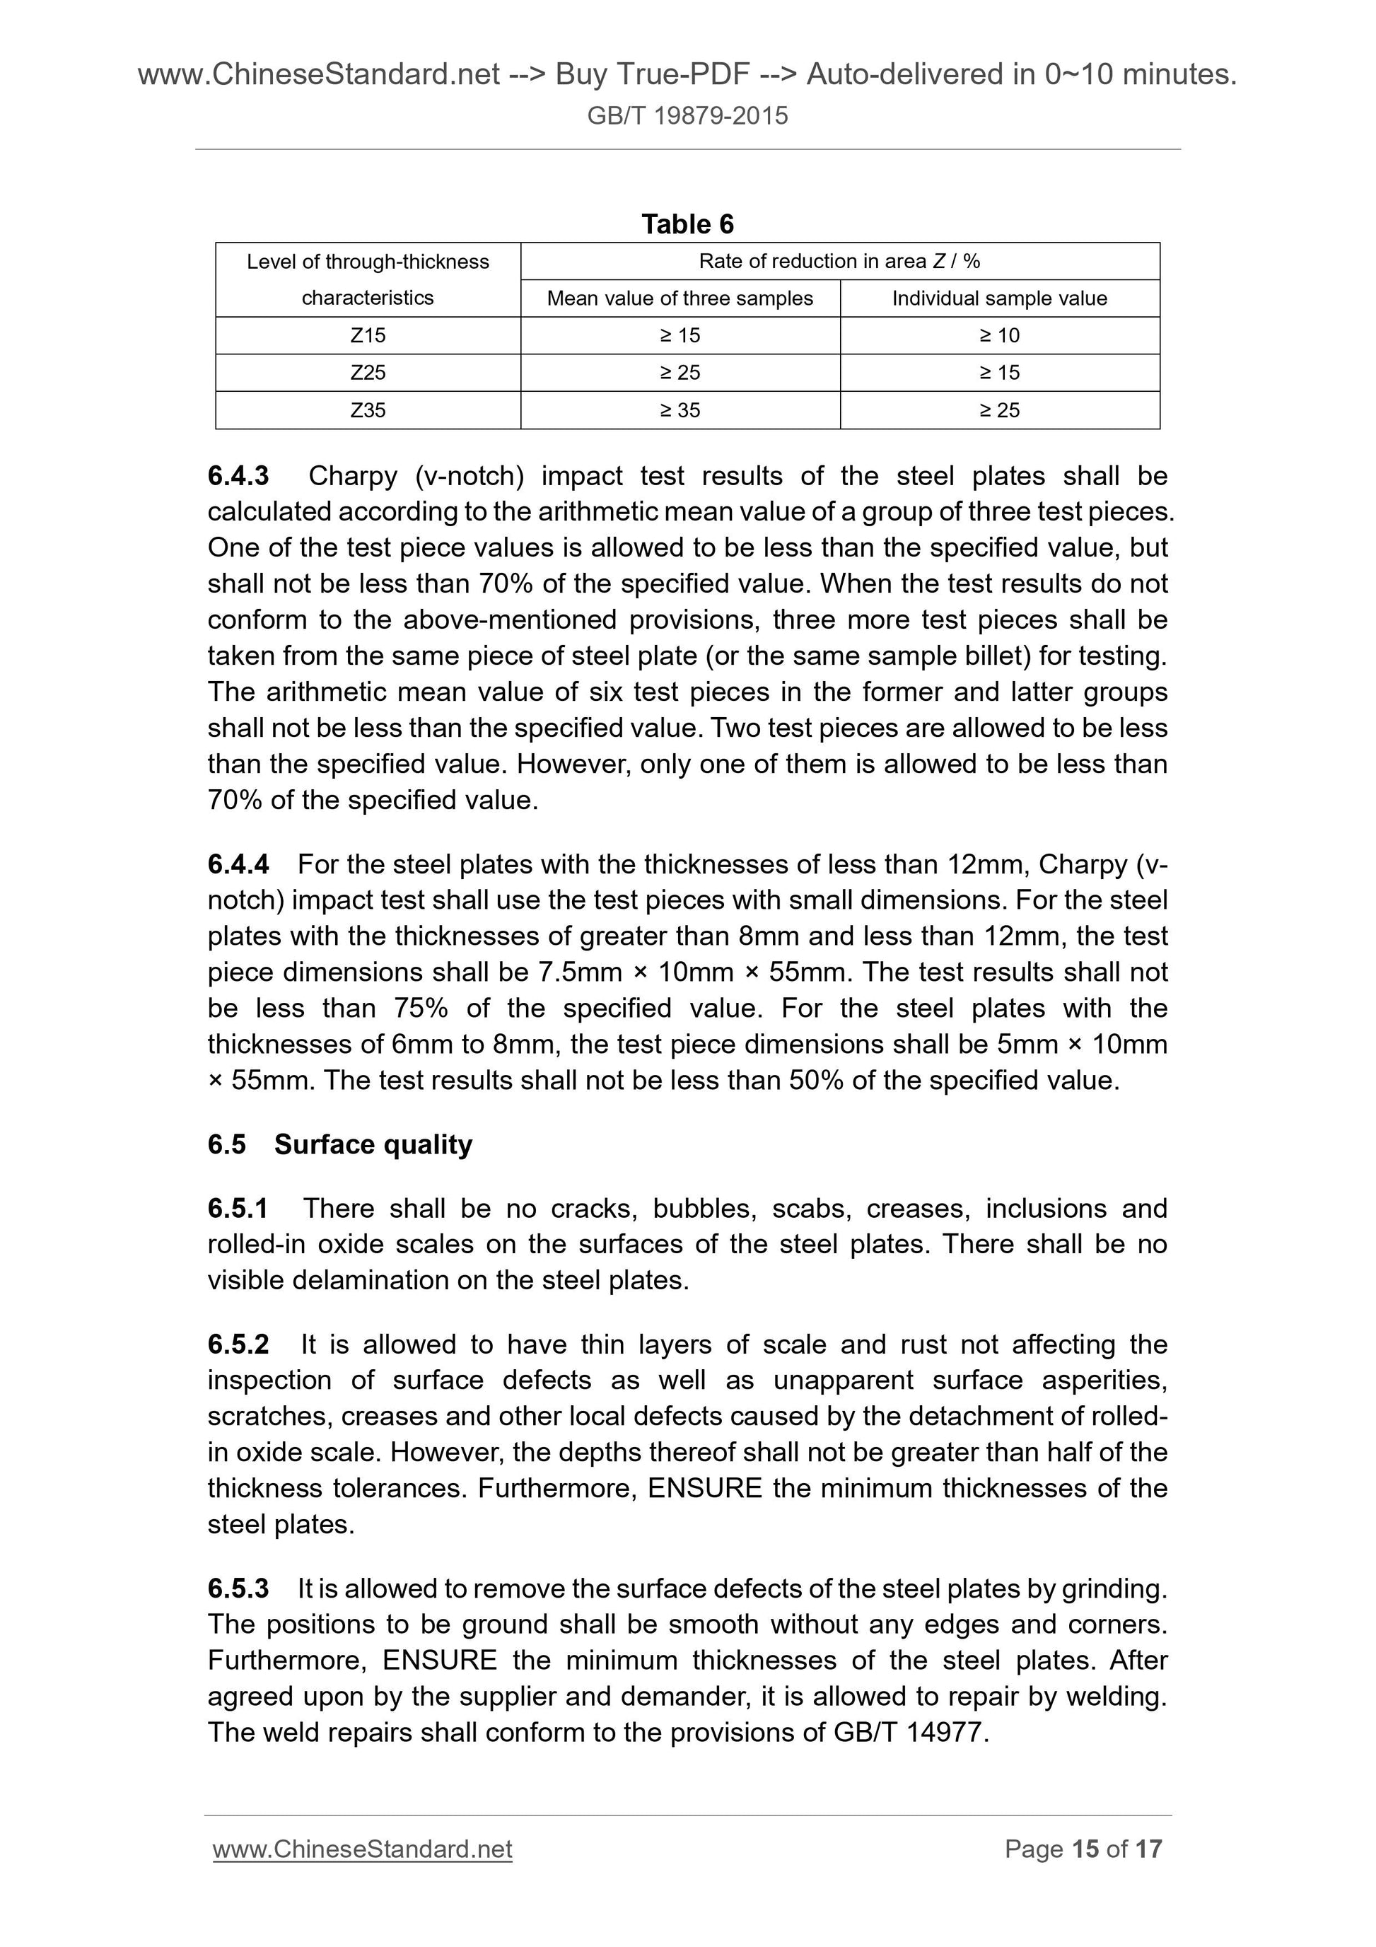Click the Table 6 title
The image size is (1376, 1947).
[687, 224]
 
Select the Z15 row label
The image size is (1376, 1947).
[367, 336]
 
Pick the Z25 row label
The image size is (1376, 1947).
[367, 373]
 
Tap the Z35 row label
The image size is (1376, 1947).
[367, 410]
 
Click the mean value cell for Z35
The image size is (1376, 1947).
[680, 410]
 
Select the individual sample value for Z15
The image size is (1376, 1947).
[1000, 336]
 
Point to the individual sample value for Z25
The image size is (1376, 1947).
[1000, 373]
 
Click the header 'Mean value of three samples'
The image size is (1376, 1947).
[680, 298]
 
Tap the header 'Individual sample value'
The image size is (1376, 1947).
[1000, 298]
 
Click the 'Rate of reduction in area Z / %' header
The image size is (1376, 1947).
[839, 261]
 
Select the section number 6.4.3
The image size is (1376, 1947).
[238, 476]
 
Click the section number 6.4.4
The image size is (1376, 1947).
[238, 864]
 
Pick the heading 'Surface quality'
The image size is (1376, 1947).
[373, 1144]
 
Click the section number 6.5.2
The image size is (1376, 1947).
[238, 1344]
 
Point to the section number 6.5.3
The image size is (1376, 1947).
[238, 1588]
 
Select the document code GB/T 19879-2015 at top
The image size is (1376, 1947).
[687, 115]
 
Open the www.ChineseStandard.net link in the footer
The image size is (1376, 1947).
[362, 1849]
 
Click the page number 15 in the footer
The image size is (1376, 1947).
[1085, 1849]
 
